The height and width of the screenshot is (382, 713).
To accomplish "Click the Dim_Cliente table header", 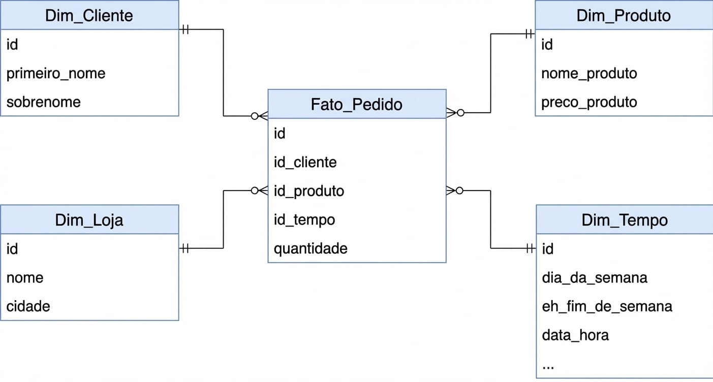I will (x=89, y=15).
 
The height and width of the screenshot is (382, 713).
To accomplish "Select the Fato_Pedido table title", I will (x=356, y=104).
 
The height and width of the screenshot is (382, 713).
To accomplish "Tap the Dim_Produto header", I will (x=624, y=15).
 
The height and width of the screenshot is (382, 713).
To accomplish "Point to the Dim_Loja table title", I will (x=89, y=220).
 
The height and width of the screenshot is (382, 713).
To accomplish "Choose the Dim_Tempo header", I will (x=625, y=220).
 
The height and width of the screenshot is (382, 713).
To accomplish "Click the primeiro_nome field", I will (x=56, y=73).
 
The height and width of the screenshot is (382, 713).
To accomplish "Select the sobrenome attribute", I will (x=44, y=102).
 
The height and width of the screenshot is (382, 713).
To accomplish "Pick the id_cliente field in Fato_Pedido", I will (x=305, y=162).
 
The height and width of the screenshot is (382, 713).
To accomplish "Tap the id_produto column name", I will (x=309, y=191).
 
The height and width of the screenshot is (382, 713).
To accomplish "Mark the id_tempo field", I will (x=304, y=220).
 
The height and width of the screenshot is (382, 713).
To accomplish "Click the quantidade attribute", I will (x=311, y=248).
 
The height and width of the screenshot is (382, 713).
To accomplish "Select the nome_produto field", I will (x=589, y=73).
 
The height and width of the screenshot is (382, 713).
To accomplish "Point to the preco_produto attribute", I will (x=589, y=102).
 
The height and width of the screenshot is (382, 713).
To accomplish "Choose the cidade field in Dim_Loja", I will (x=28, y=306).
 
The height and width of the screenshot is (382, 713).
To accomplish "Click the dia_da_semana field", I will (x=595, y=278).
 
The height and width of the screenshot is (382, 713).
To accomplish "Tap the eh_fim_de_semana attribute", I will (x=607, y=306).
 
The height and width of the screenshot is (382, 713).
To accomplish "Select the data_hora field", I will (x=575, y=335).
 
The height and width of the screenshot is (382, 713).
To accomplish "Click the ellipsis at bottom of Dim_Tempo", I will (x=548, y=365).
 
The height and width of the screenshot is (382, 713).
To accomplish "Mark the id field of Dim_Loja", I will (x=12, y=249).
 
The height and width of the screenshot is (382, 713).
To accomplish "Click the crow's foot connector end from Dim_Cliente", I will (x=260, y=116).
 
